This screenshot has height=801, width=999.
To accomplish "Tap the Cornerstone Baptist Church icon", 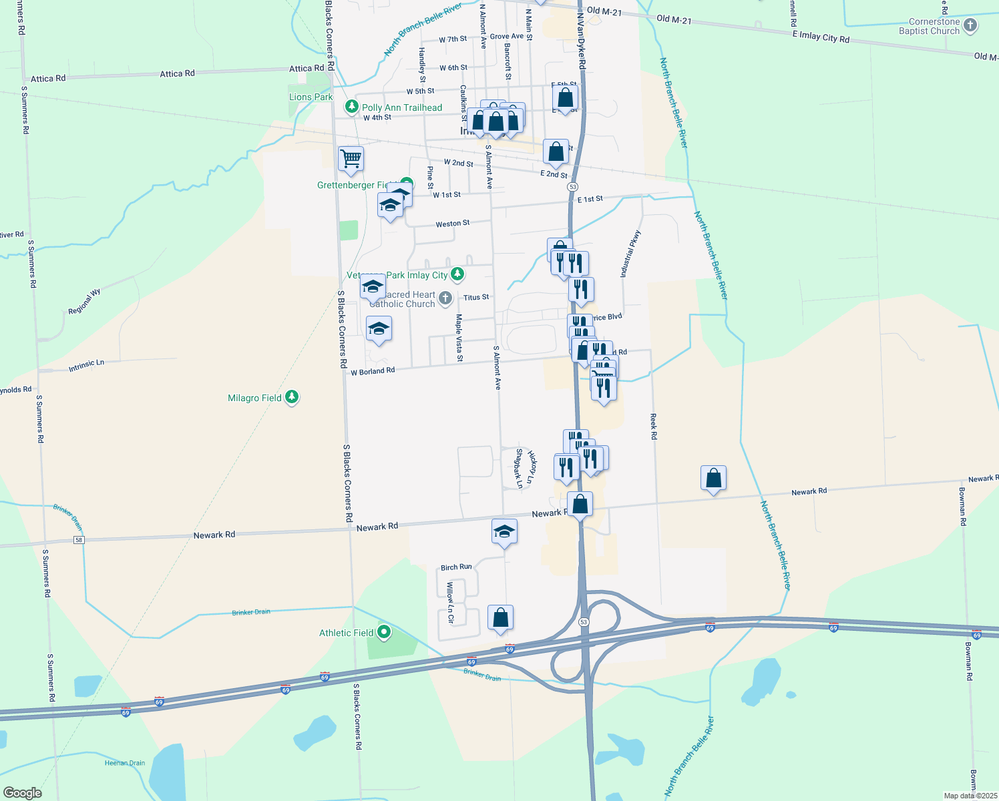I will click(971, 26).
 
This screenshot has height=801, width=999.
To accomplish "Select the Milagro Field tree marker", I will click(291, 398).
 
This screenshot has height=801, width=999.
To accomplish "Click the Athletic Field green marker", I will click(384, 631).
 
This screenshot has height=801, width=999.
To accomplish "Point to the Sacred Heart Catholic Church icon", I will click(445, 298).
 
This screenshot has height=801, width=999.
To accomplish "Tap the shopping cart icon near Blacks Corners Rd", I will click(351, 160).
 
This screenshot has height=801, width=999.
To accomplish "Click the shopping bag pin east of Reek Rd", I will click(713, 479).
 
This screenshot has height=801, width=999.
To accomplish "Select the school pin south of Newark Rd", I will click(504, 532).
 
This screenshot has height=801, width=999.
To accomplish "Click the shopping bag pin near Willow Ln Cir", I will click(500, 619).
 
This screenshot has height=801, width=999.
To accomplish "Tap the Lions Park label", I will click(311, 97).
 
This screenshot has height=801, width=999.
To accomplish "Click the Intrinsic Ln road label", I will click(86, 366).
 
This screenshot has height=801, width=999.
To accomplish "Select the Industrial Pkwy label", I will click(631, 254).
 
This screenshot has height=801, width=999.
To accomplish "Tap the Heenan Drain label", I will click(125, 763).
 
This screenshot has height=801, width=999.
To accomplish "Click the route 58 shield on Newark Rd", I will click(79, 539).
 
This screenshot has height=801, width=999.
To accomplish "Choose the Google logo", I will click(23, 792).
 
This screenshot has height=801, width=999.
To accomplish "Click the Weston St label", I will click(453, 224).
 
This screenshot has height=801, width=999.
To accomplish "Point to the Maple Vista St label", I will click(459, 338).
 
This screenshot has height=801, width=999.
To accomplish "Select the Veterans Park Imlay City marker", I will click(457, 274).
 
